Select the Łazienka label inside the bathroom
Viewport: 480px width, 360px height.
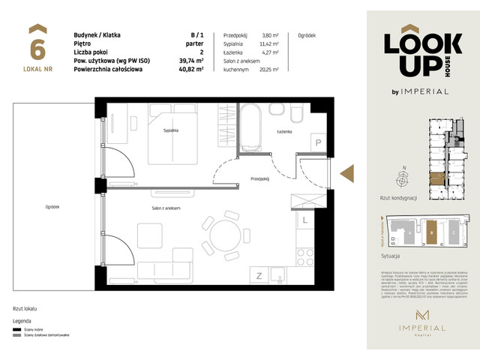pos(283,132)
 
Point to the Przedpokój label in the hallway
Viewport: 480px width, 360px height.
pos(259,179)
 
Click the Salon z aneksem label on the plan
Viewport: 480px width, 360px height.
pos(166,208)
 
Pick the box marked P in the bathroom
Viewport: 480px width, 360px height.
pos(317,142)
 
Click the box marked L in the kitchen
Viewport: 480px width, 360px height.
pos(304,221)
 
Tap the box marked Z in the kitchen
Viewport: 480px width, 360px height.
pos(258,275)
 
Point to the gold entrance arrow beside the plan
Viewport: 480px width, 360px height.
pos(348,174)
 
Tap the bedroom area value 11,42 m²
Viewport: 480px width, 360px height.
pos(268,44)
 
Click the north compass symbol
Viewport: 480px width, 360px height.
pos(404,178)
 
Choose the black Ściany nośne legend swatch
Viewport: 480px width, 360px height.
pos(16,328)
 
